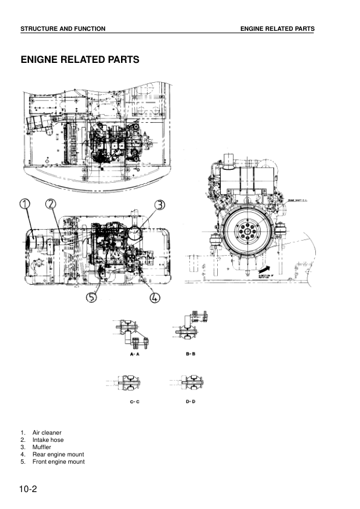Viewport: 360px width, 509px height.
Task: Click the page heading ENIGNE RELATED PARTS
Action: (x=80, y=60)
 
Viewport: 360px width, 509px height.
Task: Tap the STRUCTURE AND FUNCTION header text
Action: (x=63, y=29)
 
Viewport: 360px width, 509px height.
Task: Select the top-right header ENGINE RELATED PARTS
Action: (x=277, y=29)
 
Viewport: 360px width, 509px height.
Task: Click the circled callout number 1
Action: (x=25, y=204)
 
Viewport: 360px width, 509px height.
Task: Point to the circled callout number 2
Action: (x=51, y=204)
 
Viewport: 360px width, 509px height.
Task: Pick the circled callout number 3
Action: (x=159, y=204)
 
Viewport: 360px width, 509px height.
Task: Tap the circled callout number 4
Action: (x=155, y=297)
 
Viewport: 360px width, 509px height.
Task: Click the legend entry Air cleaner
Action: (x=47, y=433)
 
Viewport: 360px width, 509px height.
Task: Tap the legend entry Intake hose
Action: (x=48, y=440)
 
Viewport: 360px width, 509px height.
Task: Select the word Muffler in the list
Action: (x=42, y=447)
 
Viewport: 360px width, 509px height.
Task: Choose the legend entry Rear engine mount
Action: (x=58, y=455)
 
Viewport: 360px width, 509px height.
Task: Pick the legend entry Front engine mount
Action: (x=59, y=462)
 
